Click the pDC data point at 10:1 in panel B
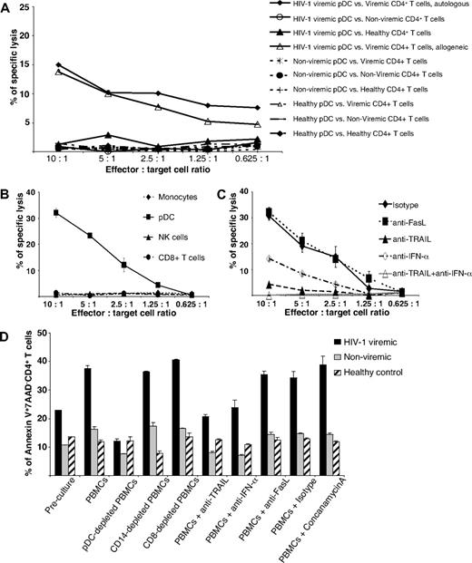59,212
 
